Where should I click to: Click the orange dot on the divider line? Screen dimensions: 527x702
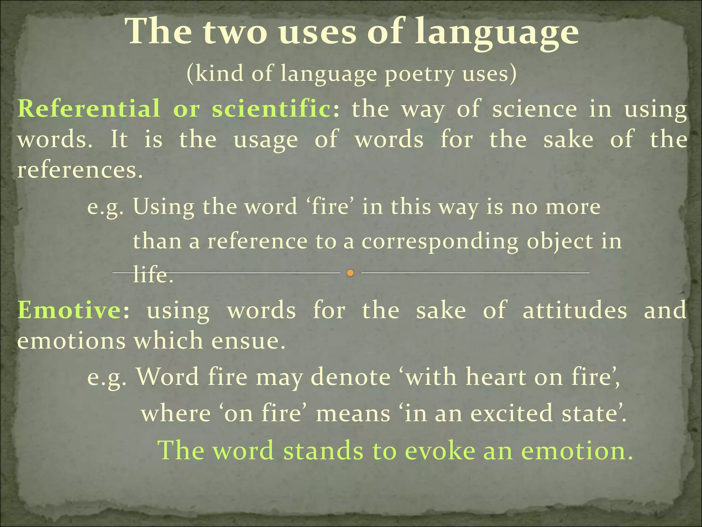click(x=350, y=273)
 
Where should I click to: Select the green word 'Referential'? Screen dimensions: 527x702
click(x=89, y=109)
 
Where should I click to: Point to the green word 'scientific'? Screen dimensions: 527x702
click(x=271, y=109)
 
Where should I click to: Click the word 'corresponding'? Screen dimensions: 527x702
click(x=440, y=242)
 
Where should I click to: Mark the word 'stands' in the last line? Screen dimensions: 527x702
click(x=323, y=450)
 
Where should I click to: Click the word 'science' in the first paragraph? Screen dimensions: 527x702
click(x=535, y=109)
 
